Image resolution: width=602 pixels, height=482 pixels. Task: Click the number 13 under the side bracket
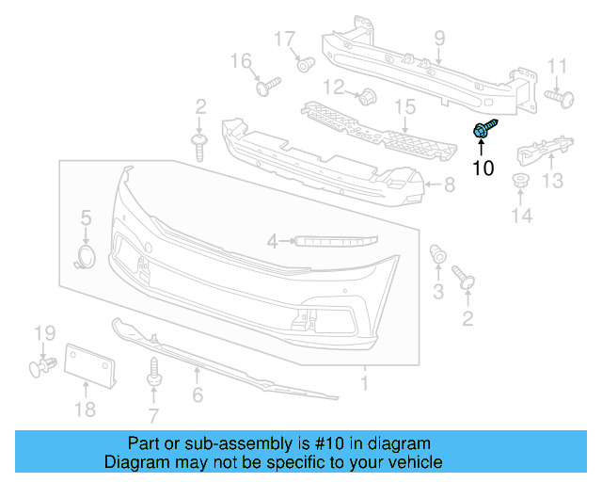[x=552, y=181]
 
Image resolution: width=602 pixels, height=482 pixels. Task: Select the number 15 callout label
[x=404, y=108]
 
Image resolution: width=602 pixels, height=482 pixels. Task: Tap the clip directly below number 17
[x=305, y=65]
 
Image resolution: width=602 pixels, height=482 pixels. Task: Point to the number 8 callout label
[x=449, y=186]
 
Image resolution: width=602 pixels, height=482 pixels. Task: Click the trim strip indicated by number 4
[x=334, y=241]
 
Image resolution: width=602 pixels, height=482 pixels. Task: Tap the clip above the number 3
[x=437, y=254]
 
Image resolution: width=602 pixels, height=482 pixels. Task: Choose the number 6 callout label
[x=198, y=395]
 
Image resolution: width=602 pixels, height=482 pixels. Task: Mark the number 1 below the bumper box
[x=365, y=383]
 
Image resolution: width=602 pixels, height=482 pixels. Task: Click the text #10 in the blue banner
[x=353, y=443]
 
